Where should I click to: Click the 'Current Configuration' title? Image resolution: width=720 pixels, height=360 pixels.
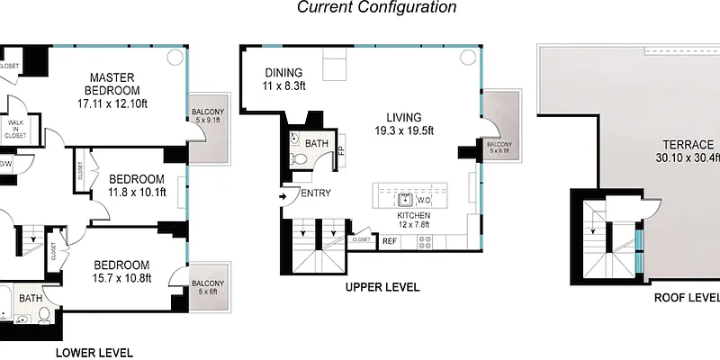377,8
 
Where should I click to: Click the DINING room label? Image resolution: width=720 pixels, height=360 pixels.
283,79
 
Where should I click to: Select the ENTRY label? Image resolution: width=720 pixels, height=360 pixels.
316,193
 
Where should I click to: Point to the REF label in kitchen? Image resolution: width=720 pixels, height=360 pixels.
390,240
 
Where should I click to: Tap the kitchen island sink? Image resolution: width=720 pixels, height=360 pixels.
406,198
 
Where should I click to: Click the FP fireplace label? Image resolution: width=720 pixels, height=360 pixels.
341,149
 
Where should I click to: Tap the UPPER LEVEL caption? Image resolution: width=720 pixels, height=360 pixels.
383,288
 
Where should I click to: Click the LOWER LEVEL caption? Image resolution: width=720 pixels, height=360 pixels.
94,352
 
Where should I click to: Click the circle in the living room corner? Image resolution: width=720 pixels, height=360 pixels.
467,58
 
